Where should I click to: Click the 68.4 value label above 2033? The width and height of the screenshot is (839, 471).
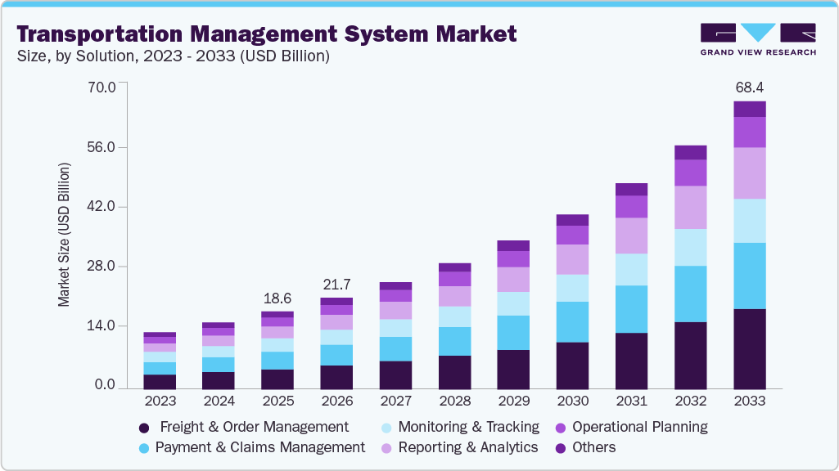pyautogui.click(x=750, y=87)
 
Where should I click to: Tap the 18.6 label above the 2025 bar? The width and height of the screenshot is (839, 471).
pyautogui.click(x=277, y=298)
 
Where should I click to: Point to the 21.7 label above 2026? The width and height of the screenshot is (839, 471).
pyautogui.click(x=336, y=285)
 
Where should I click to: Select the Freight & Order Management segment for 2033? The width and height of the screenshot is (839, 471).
pyautogui.click(x=750, y=348)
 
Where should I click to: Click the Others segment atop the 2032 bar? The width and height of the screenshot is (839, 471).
pyautogui.click(x=691, y=152)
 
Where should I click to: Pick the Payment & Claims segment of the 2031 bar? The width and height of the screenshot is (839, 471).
pyautogui.click(x=631, y=309)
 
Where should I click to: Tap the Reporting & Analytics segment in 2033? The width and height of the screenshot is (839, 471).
pyautogui.click(x=750, y=173)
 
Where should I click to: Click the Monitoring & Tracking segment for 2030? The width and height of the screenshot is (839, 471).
pyautogui.click(x=572, y=288)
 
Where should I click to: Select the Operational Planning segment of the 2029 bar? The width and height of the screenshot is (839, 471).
pyautogui.click(x=513, y=259)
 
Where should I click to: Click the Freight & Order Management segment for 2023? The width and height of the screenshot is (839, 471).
pyautogui.click(x=160, y=380)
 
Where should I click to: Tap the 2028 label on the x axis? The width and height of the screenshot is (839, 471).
pyautogui.click(x=454, y=401)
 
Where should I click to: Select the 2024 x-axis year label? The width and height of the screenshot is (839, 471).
pyautogui.click(x=219, y=401)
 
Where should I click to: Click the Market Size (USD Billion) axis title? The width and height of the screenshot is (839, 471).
pyautogui.click(x=64, y=235)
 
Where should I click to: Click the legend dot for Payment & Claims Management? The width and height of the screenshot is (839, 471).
pyautogui.click(x=143, y=448)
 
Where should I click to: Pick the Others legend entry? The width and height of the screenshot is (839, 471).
pyautogui.click(x=594, y=447)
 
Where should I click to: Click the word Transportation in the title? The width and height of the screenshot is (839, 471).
pyautogui.click(x=92, y=34)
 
